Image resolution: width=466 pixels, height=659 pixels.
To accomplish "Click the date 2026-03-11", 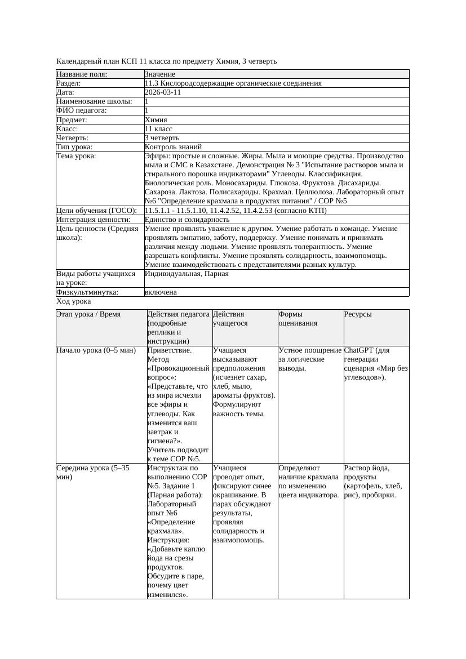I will tap(163, 92).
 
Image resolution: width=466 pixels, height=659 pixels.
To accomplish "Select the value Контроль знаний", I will tap(173, 146).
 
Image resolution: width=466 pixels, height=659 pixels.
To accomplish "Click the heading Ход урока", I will tap(73, 301).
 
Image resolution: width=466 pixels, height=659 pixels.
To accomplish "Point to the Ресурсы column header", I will tap(358, 314).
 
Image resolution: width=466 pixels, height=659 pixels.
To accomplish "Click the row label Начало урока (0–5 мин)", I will tap(96, 350).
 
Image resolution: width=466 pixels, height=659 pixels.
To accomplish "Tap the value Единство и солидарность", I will tap(187, 219).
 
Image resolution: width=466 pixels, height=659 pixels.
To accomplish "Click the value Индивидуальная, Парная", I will tap(187, 274).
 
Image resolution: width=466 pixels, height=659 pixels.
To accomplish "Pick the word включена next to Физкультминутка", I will tap(161, 292).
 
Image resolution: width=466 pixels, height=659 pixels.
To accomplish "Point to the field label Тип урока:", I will tap(76, 146).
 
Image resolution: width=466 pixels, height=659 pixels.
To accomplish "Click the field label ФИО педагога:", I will tap(82, 110).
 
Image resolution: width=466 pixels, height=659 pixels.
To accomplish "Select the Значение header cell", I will tap(160, 74).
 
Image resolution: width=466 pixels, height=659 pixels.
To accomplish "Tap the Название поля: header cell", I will tap(82, 74).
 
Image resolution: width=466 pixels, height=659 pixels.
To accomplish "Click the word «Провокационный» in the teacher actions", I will tap(178, 368).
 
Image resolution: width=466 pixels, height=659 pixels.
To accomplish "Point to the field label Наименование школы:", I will tap(94, 101).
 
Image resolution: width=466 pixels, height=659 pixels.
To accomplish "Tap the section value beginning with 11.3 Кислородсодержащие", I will tap(233, 83).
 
